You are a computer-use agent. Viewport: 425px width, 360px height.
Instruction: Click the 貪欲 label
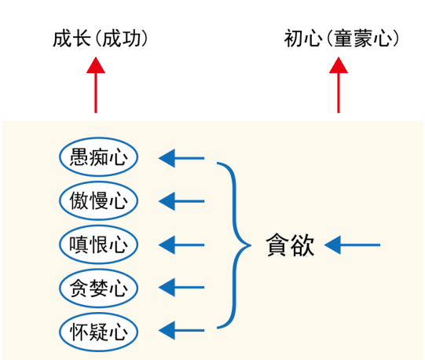pyautogui.click(x=290, y=244)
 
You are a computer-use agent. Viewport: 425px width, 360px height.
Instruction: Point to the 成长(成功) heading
pyautogui.click(x=101, y=39)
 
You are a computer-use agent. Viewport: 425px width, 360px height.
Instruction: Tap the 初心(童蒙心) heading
pyautogui.click(x=342, y=39)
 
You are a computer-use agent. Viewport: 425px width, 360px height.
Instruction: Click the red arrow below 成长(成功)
pyautogui.click(x=96, y=85)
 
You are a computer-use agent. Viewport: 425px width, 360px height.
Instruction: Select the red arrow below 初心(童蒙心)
pyautogui.click(x=339, y=85)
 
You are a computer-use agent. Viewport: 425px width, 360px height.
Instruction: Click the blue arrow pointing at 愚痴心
pyautogui.click(x=181, y=158)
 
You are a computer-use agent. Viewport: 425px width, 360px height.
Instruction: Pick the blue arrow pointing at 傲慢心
pyautogui.click(x=181, y=201)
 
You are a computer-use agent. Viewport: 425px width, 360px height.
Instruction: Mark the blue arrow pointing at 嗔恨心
pyautogui.click(x=181, y=245)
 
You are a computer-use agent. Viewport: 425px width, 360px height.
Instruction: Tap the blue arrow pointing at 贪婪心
pyautogui.click(x=181, y=288)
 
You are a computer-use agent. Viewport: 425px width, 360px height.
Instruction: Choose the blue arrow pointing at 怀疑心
pyautogui.click(x=181, y=330)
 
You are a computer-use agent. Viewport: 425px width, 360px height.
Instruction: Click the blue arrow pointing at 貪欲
pyautogui.click(x=353, y=245)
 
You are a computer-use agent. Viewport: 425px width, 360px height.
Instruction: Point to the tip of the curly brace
pyautogui.click(x=251, y=245)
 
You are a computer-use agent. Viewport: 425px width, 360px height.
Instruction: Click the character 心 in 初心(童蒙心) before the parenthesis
pyautogui.click(x=313, y=39)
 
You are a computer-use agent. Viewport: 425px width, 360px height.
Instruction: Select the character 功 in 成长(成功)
pyautogui.click(x=131, y=39)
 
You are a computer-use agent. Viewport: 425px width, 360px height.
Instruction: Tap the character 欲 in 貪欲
pyautogui.click(x=302, y=245)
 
